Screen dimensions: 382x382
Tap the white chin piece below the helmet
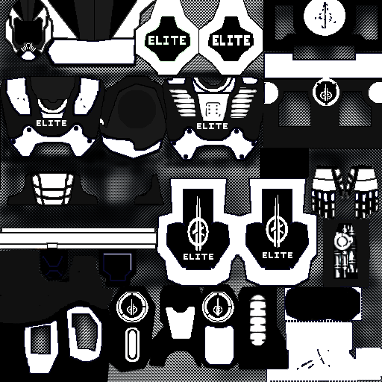[x=28, y=56]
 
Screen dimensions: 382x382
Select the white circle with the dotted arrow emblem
[x=325, y=16]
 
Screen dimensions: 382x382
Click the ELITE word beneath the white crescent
[x=51, y=123]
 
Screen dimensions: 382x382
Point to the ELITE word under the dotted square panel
[x=212, y=126]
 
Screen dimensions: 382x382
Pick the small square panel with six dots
[x=213, y=110]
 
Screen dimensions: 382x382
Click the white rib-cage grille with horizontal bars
[x=53, y=189]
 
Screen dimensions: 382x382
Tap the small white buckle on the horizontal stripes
[x=52, y=245]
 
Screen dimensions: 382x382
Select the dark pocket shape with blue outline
[x=117, y=267]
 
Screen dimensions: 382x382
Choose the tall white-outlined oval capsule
[x=131, y=345]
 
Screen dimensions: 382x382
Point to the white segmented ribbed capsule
[x=258, y=320]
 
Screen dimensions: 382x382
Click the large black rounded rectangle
[x=323, y=304]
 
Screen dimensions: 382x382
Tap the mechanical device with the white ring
[x=345, y=251]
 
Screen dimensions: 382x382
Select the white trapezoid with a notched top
[x=180, y=320]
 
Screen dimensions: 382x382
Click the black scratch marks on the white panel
[x=316, y=360]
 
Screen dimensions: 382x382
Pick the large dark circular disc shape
[x=137, y=108]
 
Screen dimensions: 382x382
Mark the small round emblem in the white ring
[x=326, y=93]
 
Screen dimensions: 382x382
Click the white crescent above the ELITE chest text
[x=52, y=106]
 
